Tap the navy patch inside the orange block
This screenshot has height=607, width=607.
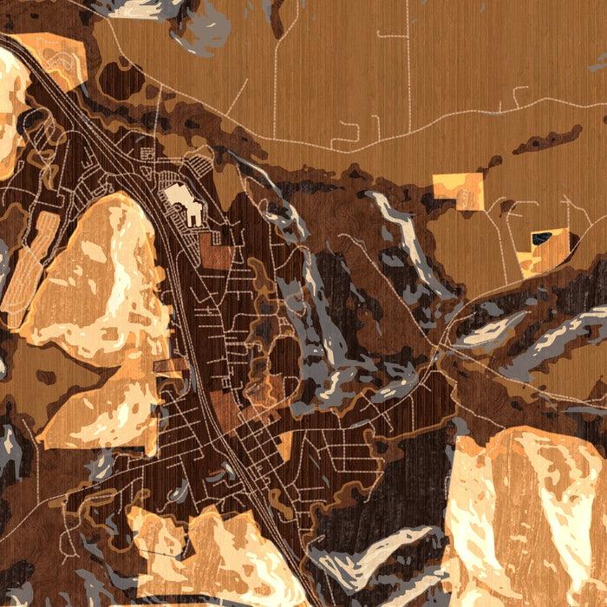[543, 238]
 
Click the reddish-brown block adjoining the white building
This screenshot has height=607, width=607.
[216, 251]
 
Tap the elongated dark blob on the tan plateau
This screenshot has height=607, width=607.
[546, 139]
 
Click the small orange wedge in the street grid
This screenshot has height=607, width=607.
[284, 447]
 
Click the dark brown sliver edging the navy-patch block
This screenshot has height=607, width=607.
[524, 259]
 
